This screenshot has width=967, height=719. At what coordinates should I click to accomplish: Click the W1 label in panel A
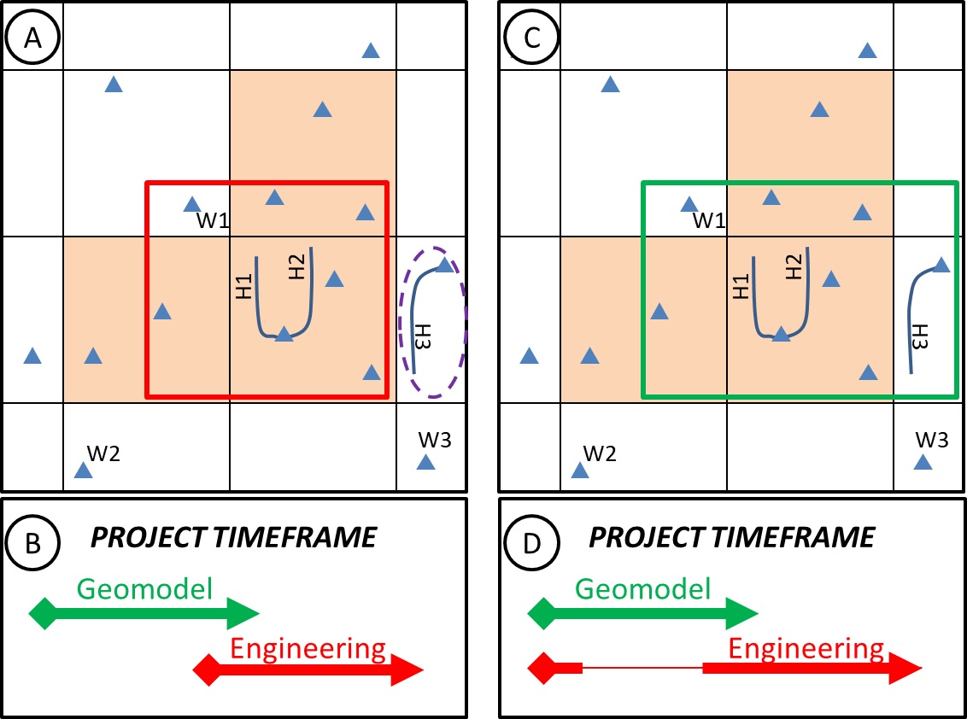point(213,221)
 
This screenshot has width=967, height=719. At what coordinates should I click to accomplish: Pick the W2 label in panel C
point(599,453)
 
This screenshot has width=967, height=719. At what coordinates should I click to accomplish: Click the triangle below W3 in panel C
point(923,463)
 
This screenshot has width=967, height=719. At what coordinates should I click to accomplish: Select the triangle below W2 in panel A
point(83,471)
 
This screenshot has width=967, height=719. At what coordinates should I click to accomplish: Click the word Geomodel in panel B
point(144,588)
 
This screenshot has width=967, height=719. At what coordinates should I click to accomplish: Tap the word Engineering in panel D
point(806,649)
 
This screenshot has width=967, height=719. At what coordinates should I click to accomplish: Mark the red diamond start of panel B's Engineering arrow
point(206,669)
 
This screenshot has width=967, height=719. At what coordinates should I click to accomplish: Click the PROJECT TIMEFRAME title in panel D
point(731,537)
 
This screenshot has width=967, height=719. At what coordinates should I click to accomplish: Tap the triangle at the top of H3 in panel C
point(941,266)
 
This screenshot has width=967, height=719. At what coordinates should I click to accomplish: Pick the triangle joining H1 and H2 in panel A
point(284,334)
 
